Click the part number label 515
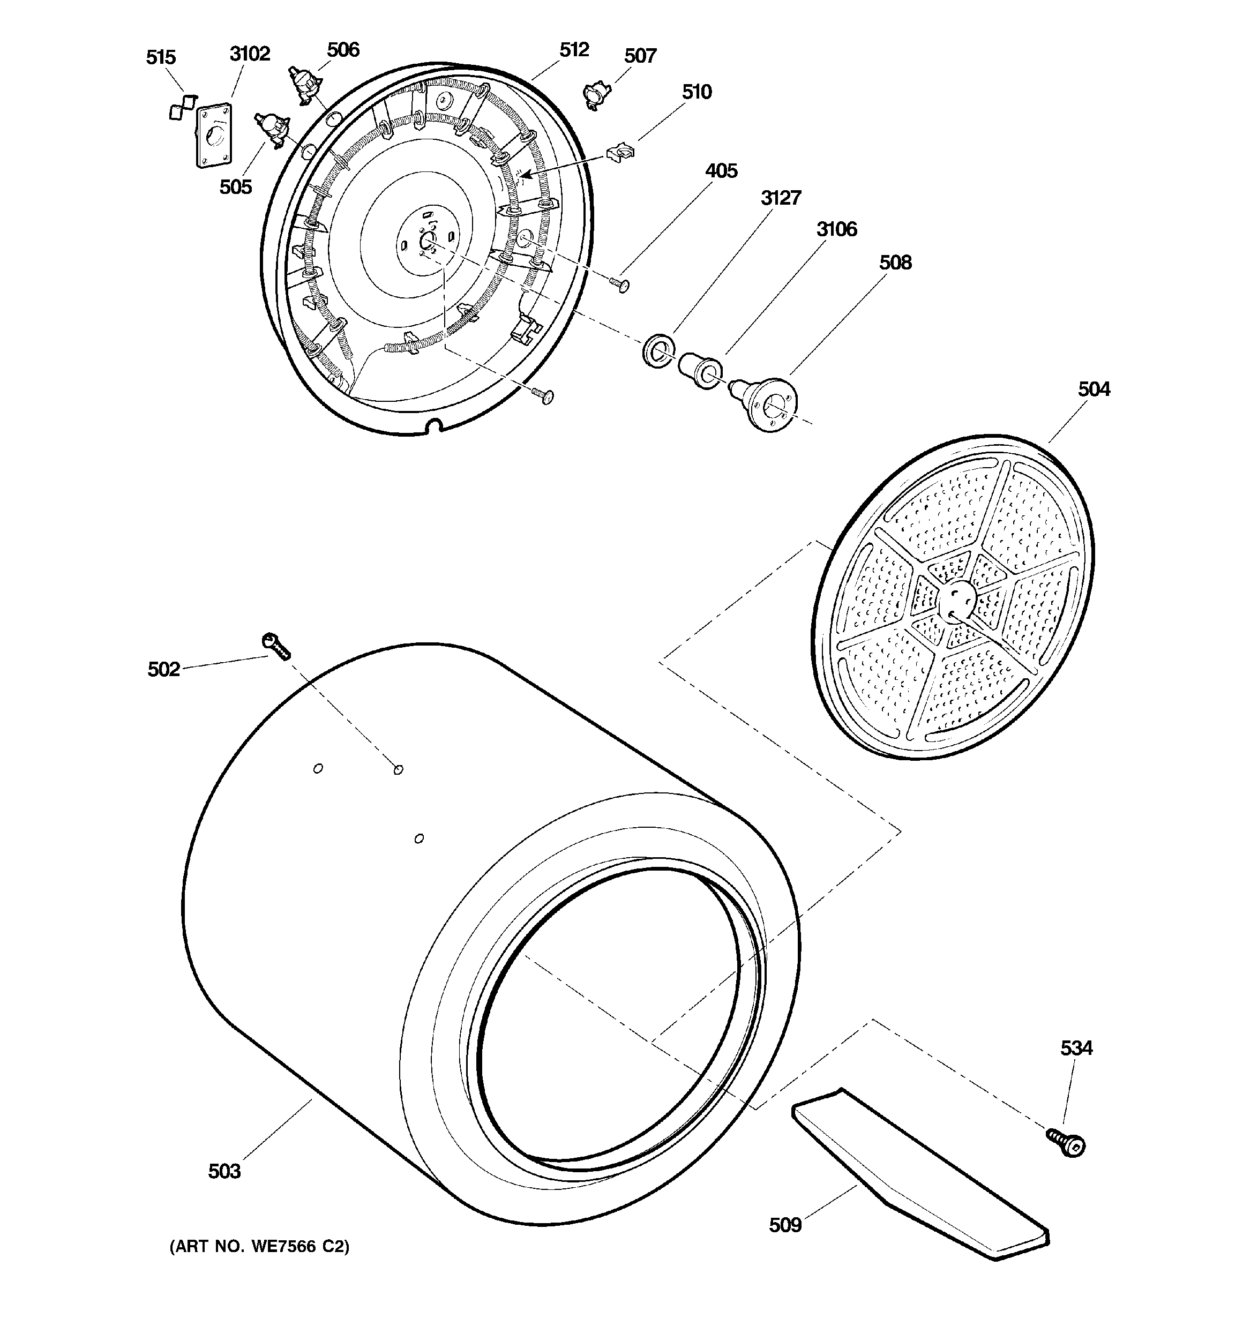click(161, 57)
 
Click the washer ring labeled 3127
click(658, 351)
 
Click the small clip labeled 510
click(620, 153)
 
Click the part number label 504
click(1094, 389)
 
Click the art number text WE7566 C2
click(259, 1247)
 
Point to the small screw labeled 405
click(620, 285)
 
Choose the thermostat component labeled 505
click(271, 130)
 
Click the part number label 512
click(574, 50)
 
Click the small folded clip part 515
click(182, 107)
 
